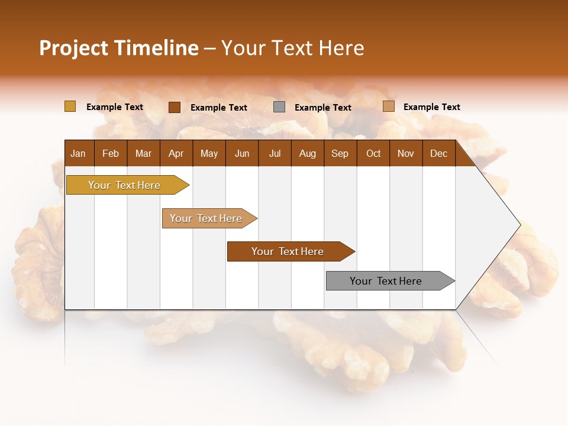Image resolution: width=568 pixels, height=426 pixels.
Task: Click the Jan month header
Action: point(79,153)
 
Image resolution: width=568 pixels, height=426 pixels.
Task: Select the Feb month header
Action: point(111,153)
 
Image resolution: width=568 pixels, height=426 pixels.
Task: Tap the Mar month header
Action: point(143,153)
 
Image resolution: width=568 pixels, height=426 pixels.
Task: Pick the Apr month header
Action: point(176,153)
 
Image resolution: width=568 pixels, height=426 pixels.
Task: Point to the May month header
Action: point(209,153)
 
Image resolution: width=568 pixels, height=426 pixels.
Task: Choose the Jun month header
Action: point(242,153)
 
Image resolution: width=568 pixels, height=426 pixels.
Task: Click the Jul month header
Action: point(275,153)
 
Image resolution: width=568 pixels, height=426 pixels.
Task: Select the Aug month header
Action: point(308,153)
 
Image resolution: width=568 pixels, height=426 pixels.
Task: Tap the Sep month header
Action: point(340,153)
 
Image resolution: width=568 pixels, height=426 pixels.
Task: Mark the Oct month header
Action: point(373,153)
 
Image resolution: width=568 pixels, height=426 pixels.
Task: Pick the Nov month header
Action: point(406,153)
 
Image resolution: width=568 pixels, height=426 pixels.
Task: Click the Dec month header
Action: point(439,153)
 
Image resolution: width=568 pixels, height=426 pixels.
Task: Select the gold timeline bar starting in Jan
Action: point(125,185)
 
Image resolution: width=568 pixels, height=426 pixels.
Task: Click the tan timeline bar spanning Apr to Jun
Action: point(206,218)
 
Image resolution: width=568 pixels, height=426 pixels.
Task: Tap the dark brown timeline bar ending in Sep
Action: point(288,251)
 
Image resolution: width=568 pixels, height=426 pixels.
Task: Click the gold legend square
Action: point(70,106)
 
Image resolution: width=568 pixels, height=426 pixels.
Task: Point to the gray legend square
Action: point(279,106)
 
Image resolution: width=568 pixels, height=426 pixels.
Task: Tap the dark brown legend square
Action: point(174,107)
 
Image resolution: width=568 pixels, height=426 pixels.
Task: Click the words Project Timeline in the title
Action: point(119,48)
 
